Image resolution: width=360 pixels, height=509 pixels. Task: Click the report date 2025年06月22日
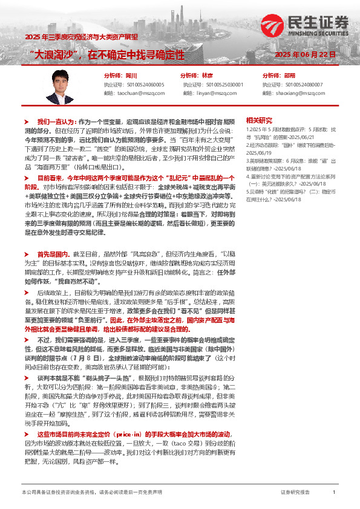[x=305, y=55]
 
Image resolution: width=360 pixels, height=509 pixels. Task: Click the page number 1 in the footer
[x=335, y=493]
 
